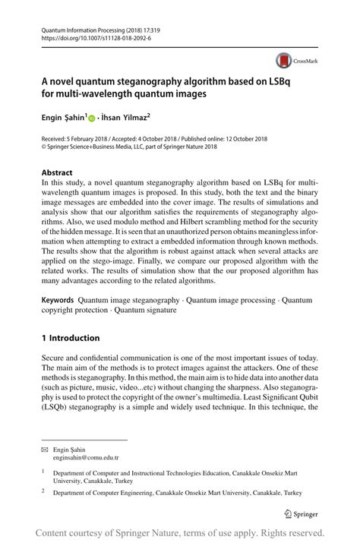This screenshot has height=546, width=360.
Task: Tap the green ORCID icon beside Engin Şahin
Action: [x=93, y=118]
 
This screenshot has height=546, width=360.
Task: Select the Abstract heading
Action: [x=57, y=172]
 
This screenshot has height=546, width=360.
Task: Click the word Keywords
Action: [x=58, y=301]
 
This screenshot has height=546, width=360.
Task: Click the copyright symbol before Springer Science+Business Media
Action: [x=45, y=147]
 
